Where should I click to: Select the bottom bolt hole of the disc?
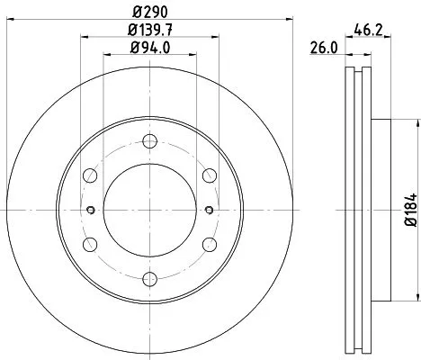[149, 278]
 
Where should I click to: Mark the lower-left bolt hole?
[91, 244]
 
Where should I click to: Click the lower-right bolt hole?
[208, 244]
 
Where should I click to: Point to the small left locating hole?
[91, 211]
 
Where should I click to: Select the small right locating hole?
[208, 211]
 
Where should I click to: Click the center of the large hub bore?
[149, 211]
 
